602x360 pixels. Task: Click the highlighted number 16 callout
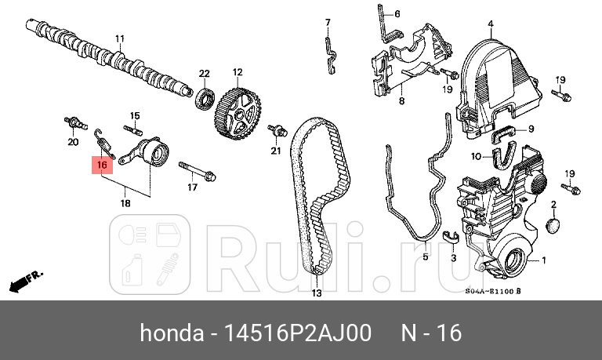click(102, 165)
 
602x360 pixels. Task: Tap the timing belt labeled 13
click(314, 196)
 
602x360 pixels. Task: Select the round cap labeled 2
click(552, 226)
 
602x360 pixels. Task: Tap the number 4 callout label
click(491, 24)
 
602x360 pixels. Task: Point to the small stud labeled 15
click(133, 129)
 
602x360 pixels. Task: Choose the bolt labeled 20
click(73, 123)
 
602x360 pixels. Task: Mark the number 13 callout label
click(316, 293)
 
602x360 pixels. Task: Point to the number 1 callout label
click(544, 260)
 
